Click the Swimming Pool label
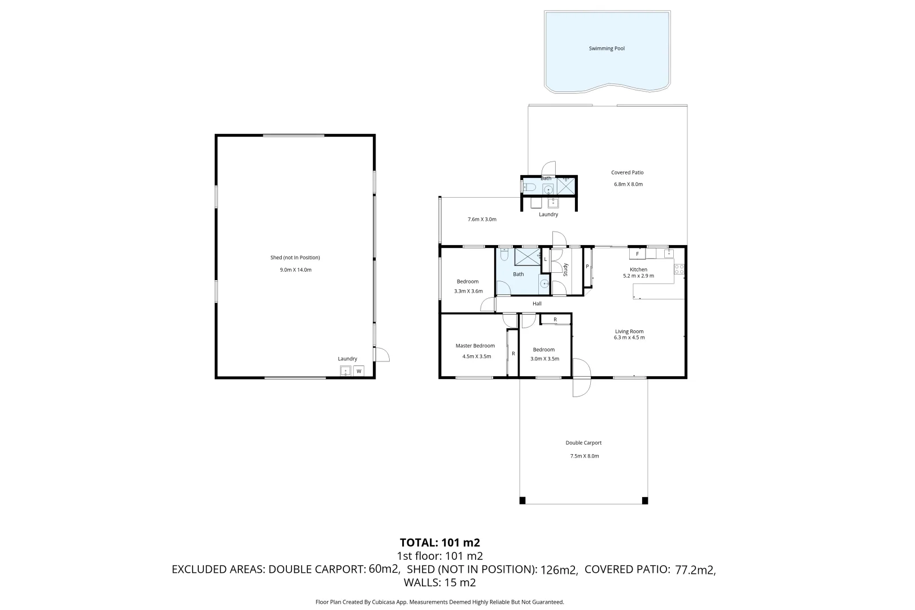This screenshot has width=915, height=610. [607, 49]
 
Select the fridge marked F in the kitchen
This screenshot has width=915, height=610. [637, 254]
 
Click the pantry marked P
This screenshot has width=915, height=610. [587, 267]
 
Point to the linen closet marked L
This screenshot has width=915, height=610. [545, 259]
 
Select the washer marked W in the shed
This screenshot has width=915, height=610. [359, 371]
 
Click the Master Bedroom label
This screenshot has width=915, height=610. [475, 346]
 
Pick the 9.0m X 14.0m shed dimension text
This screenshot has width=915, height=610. [295, 270]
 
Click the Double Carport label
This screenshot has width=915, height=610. [583, 443]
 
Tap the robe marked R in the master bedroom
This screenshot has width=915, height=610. [513, 354]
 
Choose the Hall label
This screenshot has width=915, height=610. [537, 304]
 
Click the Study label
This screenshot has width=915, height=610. [565, 269]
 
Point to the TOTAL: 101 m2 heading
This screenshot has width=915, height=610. [439, 543]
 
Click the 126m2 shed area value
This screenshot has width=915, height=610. [559, 570]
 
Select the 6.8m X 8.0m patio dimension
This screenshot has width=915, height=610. [628, 184]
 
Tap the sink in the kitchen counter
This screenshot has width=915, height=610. [668, 254]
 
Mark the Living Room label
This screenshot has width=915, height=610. [629, 332]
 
